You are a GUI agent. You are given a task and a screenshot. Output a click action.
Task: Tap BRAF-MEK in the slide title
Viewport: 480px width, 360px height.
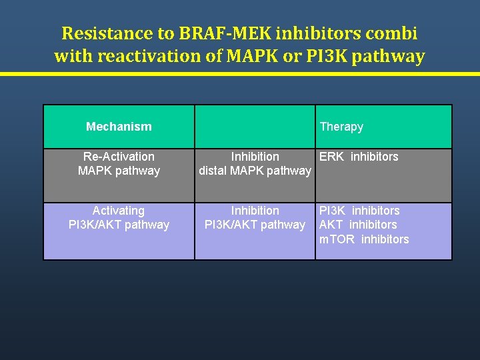210,33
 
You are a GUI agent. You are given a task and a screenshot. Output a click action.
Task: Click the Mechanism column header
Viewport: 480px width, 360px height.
119,126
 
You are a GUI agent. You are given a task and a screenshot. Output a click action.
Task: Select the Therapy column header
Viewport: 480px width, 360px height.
341,126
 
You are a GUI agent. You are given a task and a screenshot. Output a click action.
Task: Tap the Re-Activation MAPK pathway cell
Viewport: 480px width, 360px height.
119,163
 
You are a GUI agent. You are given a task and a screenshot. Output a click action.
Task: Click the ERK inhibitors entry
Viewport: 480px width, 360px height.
359,157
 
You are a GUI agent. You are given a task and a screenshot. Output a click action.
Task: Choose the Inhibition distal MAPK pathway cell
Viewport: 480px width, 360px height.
255,163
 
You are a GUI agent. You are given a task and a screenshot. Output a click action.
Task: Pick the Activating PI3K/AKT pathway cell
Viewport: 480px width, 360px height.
119,217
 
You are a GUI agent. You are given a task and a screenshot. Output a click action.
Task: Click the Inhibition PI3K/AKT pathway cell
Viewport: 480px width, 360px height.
255,217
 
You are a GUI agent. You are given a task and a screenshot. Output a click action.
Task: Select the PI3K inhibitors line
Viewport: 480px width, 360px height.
359,211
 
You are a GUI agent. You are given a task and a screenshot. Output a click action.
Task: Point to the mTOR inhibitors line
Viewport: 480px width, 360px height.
364,239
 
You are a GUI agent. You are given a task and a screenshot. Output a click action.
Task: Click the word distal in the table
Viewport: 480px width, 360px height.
214,171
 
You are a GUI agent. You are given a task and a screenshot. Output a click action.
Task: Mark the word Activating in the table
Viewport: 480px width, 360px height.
119,211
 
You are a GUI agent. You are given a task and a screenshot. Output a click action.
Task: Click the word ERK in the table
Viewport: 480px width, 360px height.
332,157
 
